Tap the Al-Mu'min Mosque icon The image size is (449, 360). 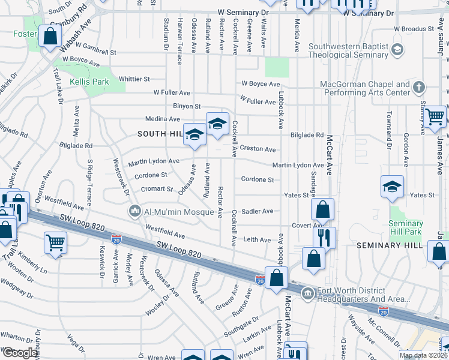(x=134, y=212)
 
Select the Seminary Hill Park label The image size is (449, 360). (x=406, y=227)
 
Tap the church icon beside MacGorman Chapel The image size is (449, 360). (x=419, y=88)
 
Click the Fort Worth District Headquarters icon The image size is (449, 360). (x=308, y=293)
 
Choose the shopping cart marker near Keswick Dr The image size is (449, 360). (x=55, y=243)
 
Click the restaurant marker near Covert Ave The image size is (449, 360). (x=324, y=237)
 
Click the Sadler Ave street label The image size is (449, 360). (x=257, y=211)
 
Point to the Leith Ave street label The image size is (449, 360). (x=257, y=239)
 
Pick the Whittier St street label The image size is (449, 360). (x=134, y=79)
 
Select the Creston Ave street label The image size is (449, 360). (x=258, y=149)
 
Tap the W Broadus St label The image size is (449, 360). (x=414, y=29)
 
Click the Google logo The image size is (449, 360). (x=20, y=353)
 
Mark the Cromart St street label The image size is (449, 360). (x=157, y=189)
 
